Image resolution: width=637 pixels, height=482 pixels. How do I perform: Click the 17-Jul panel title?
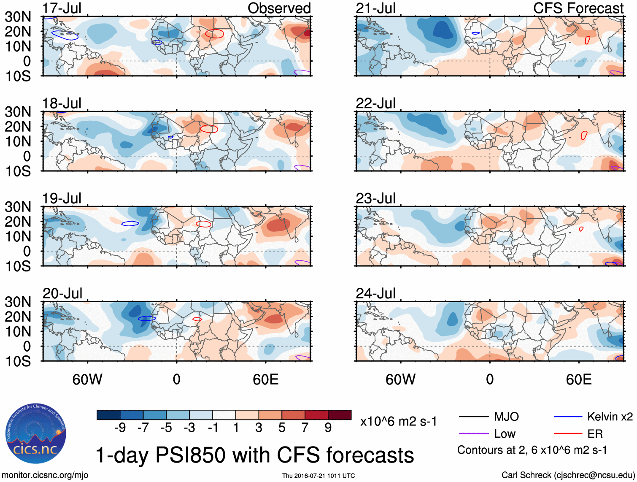click(x=62, y=8)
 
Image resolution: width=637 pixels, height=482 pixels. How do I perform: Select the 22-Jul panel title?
click(x=375, y=103)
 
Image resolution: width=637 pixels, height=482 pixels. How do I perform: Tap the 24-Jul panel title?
click(x=375, y=293)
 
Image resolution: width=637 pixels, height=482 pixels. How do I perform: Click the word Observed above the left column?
click(x=279, y=8)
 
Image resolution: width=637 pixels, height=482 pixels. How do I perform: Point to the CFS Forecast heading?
click(x=578, y=8)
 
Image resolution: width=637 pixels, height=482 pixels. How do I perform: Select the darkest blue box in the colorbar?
click(x=108, y=415)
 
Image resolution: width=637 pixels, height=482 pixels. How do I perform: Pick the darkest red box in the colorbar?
click(x=340, y=415)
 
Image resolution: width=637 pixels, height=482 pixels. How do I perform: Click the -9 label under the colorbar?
click(x=120, y=428)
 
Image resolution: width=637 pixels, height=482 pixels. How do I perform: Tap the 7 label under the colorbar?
click(x=305, y=428)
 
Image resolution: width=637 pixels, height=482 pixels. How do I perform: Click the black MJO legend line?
click(x=473, y=417)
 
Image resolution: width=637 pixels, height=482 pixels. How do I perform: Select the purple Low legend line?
click(x=473, y=433)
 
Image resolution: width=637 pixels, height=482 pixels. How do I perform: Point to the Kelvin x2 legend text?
click(x=610, y=417)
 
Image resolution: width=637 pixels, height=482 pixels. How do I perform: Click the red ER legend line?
click(x=567, y=433)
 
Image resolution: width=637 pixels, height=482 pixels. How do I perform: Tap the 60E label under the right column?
click(x=578, y=379)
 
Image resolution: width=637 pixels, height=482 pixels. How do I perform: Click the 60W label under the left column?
click(x=87, y=379)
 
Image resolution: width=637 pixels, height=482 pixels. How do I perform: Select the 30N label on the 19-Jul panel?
click(x=18, y=207)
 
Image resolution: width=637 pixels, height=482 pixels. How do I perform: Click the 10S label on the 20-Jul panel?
click(x=18, y=361)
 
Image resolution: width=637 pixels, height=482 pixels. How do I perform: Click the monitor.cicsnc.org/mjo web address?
click(x=45, y=475)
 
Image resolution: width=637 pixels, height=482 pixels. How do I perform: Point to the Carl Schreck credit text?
click(x=568, y=475)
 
